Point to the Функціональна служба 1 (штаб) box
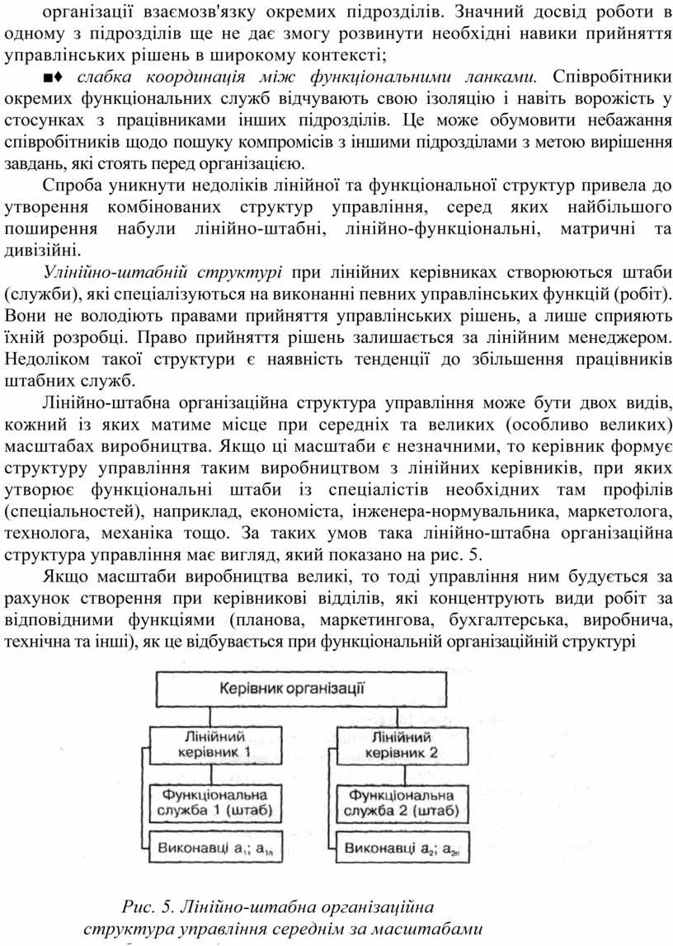(x=214, y=802)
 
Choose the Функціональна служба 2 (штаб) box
(x=402, y=802)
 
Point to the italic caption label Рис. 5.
(x=148, y=908)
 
